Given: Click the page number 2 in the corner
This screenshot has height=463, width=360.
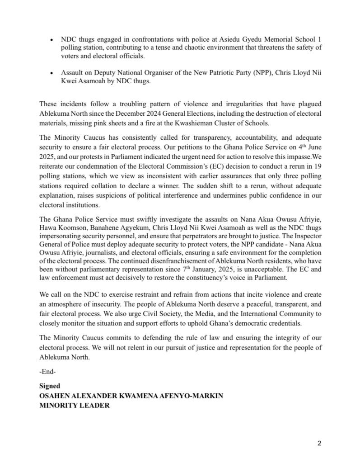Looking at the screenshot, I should (x=319, y=443).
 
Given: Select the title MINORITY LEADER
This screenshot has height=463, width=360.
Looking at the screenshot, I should (x=75, y=406).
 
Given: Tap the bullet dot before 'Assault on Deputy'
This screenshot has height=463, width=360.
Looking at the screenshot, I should (x=52, y=73).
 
